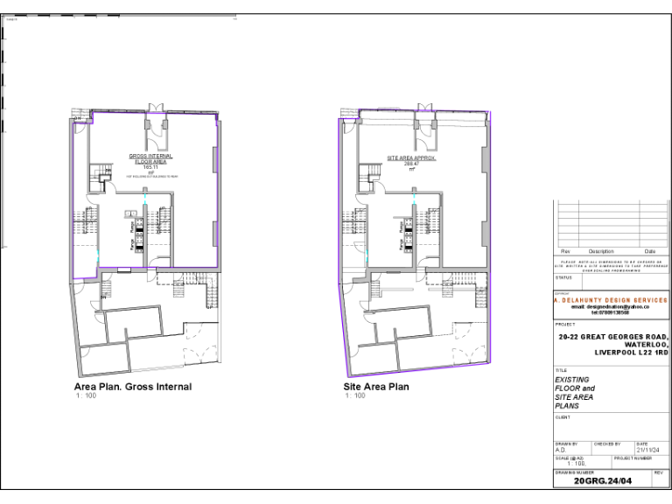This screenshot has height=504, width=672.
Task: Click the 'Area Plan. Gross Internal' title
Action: [x=133, y=387]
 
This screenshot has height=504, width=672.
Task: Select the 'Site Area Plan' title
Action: [x=376, y=387]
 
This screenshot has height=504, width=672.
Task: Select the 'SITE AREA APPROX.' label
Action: [x=411, y=158]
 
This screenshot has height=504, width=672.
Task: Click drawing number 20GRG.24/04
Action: [x=602, y=481]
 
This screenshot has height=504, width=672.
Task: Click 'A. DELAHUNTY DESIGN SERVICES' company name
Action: [x=611, y=300]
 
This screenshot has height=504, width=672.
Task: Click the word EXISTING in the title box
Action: [x=573, y=380]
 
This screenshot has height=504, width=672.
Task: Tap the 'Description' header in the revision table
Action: [x=601, y=251]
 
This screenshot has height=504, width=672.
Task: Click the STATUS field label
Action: [x=563, y=277]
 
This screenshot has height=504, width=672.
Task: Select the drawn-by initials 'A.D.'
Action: [x=561, y=450]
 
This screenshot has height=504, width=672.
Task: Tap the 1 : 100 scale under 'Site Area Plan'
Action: [x=354, y=395]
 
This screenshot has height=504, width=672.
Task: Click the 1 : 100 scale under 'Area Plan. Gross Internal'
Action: [x=85, y=395]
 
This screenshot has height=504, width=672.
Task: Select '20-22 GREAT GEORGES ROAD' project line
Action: [x=613, y=337]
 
